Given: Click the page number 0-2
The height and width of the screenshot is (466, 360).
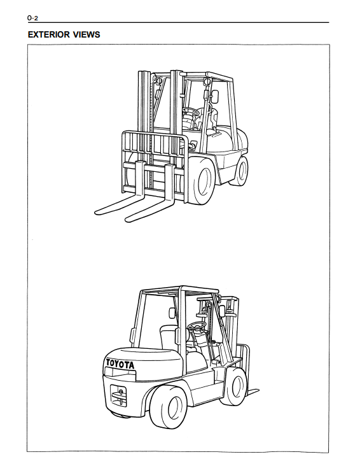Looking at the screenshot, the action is pos(32,18).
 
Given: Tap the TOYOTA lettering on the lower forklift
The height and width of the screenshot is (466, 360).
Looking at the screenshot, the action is pos(120,364).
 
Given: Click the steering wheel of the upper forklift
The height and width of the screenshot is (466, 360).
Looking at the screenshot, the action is pos(190,111).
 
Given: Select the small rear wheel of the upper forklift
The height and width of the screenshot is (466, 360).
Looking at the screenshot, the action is pos(240,171).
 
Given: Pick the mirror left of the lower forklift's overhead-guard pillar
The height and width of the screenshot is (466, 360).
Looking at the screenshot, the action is pos(172,313).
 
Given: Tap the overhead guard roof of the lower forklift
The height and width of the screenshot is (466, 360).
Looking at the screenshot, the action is pos(180,290).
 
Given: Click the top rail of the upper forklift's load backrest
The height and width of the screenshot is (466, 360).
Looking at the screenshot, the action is pos(153,133).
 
